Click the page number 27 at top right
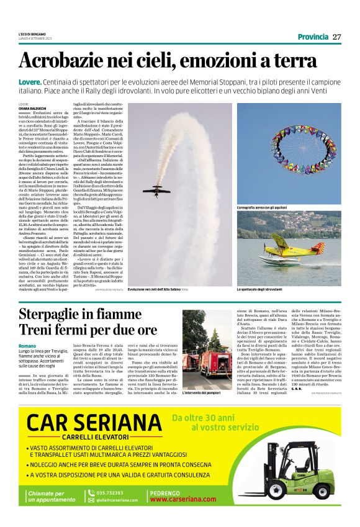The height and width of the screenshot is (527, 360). coord(336,37)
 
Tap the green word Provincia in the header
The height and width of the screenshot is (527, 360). coord(312,37)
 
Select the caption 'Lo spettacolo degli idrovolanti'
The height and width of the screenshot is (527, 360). coord(261,290)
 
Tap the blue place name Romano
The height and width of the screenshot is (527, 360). coord(27,345)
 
